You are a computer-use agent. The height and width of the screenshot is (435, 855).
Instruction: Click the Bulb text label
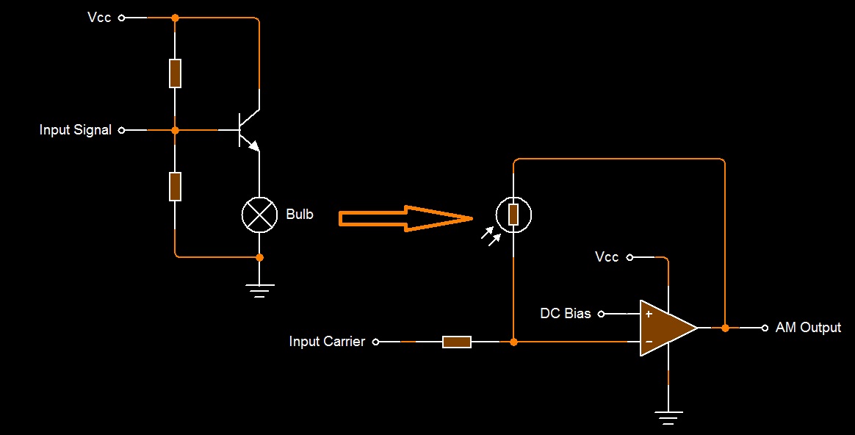[299, 215]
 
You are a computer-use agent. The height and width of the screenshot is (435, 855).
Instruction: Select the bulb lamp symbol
[259, 215]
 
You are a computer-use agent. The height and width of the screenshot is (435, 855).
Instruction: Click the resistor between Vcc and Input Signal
[175, 73]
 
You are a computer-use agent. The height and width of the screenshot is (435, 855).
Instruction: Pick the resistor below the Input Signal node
[175, 186]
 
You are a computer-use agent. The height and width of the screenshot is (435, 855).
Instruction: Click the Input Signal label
[75, 130]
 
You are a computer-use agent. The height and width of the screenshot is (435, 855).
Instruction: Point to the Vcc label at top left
[99, 17]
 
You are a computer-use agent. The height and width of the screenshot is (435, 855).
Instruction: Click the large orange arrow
[404, 218]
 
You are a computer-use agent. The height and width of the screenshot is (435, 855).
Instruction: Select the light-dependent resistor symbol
[513, 215]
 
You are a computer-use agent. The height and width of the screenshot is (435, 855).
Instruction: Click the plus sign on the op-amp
[649, 314]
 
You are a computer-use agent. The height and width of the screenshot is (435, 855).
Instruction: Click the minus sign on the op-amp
[649, 342]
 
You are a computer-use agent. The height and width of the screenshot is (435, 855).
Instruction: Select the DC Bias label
[566, 314]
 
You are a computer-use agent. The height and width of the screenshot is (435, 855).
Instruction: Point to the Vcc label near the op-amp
[607, 257]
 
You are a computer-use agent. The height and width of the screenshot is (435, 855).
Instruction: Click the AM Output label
[808, 328]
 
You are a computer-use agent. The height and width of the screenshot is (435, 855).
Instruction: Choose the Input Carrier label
[327, 342]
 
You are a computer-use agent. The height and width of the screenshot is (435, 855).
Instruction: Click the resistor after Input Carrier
[456, 342]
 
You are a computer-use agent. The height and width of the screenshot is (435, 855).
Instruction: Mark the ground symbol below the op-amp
[668, 417]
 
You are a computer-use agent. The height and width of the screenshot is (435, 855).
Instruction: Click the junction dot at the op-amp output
[725, 328]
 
